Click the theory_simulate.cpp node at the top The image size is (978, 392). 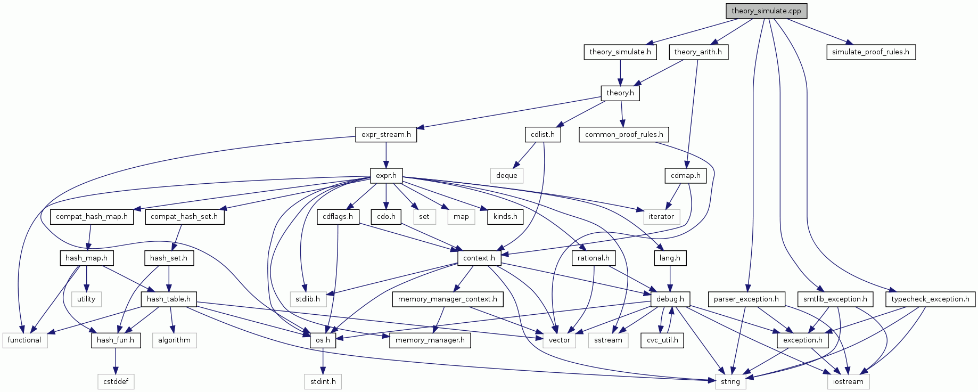coord(766,11)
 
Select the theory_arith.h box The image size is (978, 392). coord(697,52)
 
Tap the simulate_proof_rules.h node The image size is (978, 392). coord(870,52)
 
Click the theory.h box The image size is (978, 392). coord(620,93)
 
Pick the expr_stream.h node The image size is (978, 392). coord(386,134)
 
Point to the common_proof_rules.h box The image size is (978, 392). coord(624,134)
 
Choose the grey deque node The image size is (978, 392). coord(506,175)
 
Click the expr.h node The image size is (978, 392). coord(386,175)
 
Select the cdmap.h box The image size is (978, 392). coord(685,175)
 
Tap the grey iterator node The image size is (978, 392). coord(661,216)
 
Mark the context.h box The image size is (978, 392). coord(479,258)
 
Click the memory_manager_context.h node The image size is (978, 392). coord(447,299)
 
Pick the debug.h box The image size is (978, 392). coord(670,299)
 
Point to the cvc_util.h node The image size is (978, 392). coord(662,340)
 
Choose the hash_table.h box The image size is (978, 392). coord(168,299)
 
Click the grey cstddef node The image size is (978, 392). coord(116,381)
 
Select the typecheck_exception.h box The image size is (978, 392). coord(930,299)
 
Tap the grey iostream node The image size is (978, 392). coord(848,381)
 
